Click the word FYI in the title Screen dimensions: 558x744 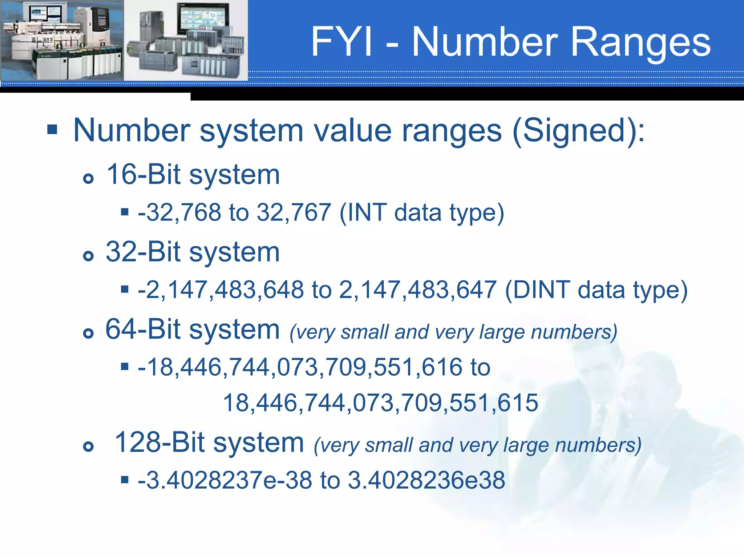pyautogui.click(x=342, y=42)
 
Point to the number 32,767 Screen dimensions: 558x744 pyautogui.click(x=294, y=213)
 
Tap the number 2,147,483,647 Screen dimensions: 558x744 pyautogui.click(x=418, y=290)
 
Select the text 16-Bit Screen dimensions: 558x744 pyautogui.click(x=143, y=175)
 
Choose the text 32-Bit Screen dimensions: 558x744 pyautogui.click(x=143, y=252)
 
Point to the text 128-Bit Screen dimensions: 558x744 pyautogui.click(x=160, y=443)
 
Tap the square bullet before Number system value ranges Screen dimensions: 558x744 pyautogui.click(x=52, y=129)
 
